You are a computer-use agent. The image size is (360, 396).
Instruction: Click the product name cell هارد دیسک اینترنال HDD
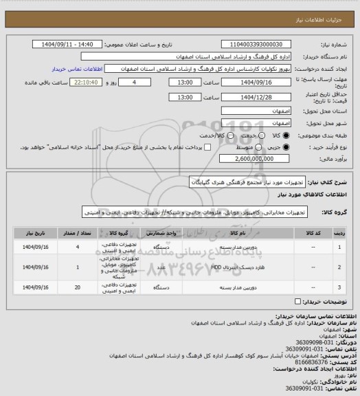(230, 267)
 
